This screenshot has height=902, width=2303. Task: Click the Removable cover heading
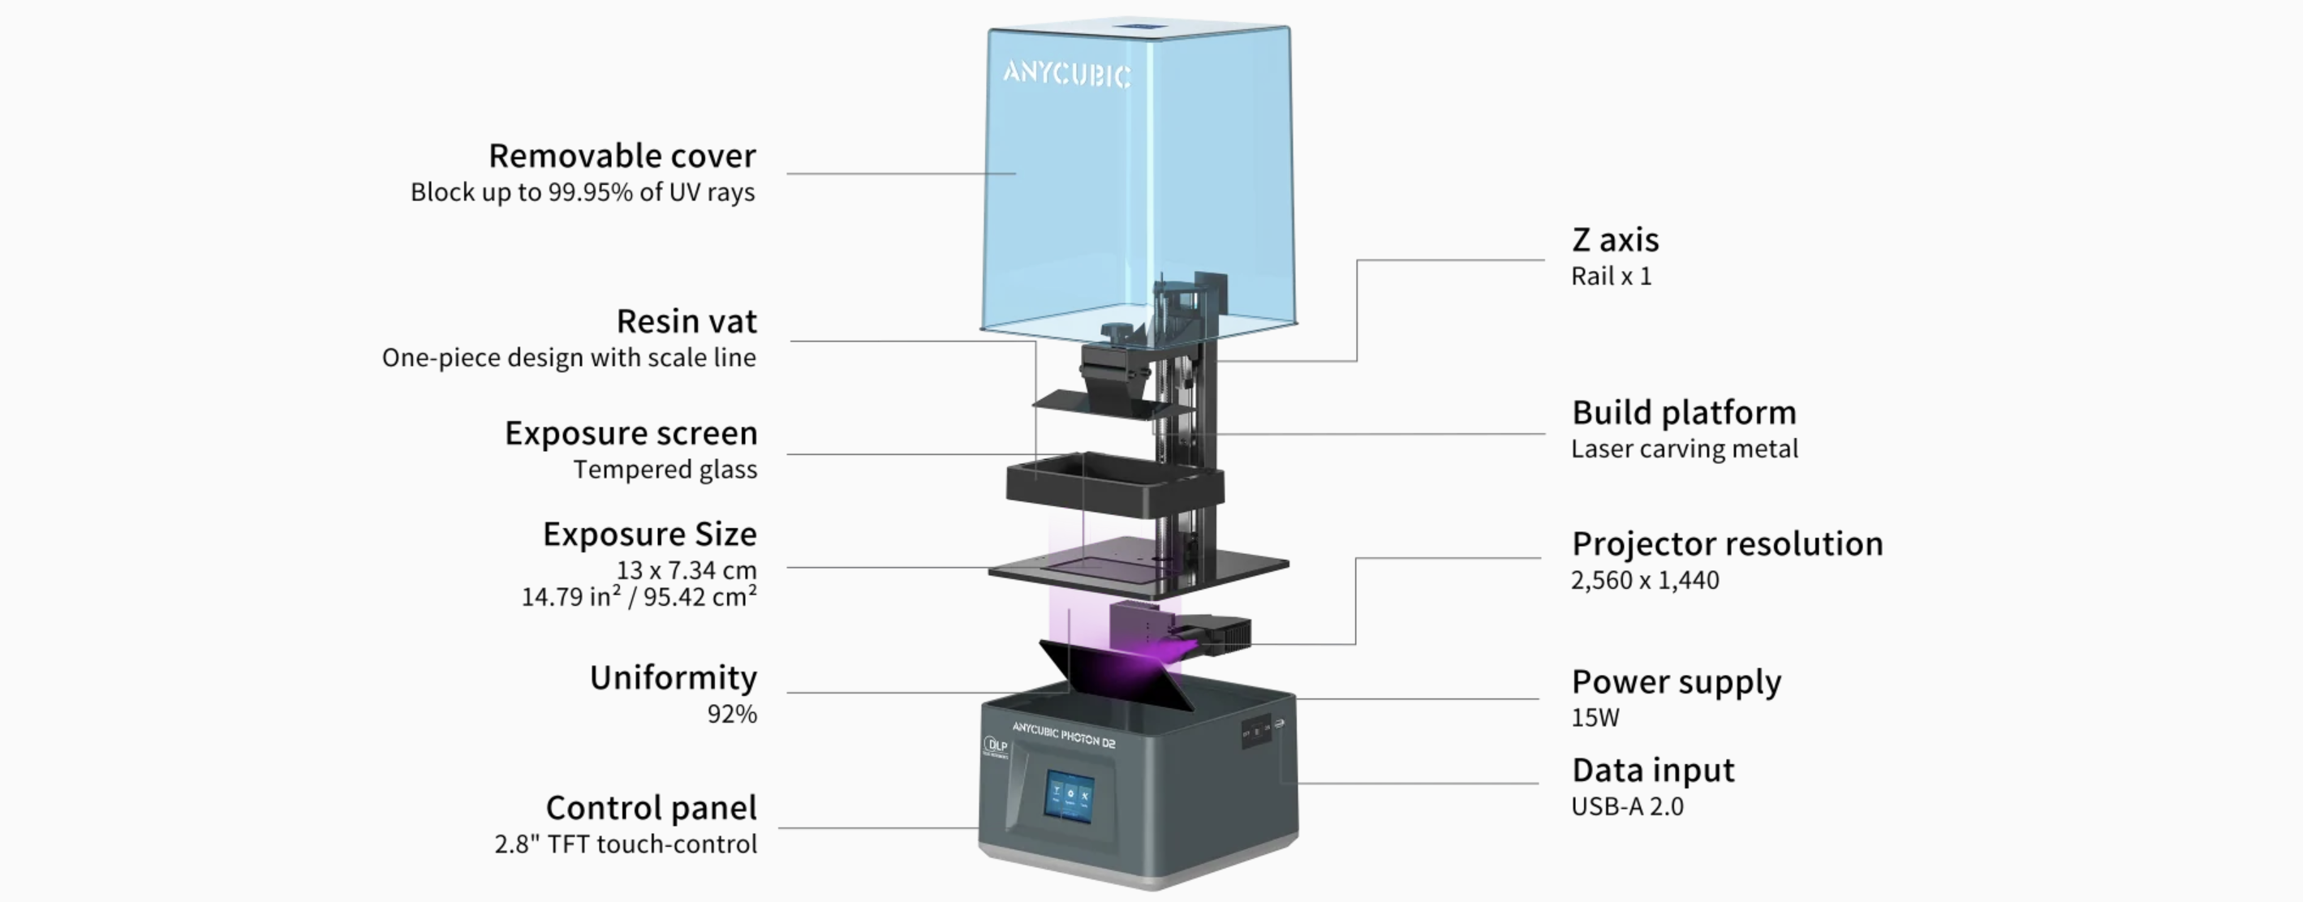coord(622,157)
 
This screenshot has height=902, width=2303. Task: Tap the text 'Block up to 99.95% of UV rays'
coord(583,192)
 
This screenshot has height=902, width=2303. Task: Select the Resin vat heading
coord(687,321)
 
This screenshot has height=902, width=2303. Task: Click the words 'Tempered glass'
coord(665,470)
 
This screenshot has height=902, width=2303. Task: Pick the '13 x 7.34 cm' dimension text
coord(687,569)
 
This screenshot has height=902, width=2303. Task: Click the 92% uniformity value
coord(732,713)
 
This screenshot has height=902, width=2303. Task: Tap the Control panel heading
coord(652,808)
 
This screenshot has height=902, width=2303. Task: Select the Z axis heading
coord(1616,239)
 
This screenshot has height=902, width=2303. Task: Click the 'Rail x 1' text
coord(1611,277)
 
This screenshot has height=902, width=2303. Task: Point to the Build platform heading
coord(1685,412)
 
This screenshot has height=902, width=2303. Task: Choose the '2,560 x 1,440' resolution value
coord(1645,580)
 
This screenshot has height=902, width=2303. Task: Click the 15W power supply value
coord(1595,717)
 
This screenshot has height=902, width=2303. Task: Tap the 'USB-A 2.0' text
coord(1627,806)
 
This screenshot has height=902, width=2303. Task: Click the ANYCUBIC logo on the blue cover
coord(1066,74)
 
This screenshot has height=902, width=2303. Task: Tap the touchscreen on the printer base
coord(1071,795)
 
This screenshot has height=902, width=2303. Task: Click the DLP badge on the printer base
coord(995,745)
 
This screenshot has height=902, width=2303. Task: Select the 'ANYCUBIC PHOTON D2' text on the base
coord(1064,734)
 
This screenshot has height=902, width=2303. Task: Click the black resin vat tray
coord(1114,485)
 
